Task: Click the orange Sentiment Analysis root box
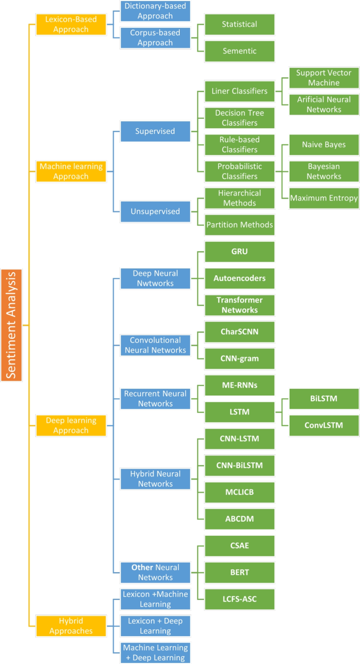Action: (x=12, y=325)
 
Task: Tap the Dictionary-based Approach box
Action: (x=148, y=10)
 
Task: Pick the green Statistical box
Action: (x=239, y=25)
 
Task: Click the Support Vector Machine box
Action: (x=325, y=78)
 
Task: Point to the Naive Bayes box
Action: (x=325, y=144)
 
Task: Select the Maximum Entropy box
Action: (x=325, y=198)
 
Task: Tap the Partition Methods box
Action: (x=239, y=225)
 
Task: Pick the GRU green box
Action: (x=239, y=252)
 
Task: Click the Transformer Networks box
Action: (x=239, y=305)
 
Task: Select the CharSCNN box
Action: (x=239, y=332)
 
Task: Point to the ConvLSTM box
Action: (x=325, y=425)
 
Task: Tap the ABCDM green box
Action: (x=239, y=519)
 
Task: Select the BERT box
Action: (x=239, y=573)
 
